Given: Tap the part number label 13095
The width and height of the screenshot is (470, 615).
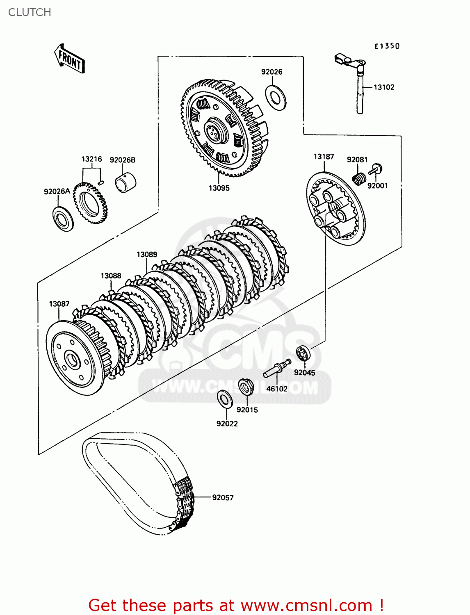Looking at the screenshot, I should pyautogui.click(x=219, y=188).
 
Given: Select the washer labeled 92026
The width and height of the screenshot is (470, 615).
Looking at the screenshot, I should pyautogui.click(x=276, y=98).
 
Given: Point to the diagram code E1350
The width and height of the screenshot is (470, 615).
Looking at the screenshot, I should pyautogui.click(x=386, y=46).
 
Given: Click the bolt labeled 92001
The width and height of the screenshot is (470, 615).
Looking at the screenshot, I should pyautogui.click(x=376, y=169).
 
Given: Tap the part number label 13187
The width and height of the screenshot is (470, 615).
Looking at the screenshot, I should pyautogui.click(x=324, y=157).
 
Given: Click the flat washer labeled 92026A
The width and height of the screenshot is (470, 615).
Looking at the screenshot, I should pyautogui.click(x=63, y=219).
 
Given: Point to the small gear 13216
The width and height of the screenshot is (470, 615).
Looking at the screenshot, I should pyautogui.click(x=90, y=203).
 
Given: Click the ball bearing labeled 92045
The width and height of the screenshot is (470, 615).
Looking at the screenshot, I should pyautogui.click(x=303, y=353).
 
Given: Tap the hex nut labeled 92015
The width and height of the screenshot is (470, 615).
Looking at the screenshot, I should pyautogui.click(x=246, y=387).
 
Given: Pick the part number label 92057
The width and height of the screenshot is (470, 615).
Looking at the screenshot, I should pyautogui.click(x=223, y=497).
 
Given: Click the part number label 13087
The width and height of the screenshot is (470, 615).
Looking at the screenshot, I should pyautogui.click(x=59, y=304).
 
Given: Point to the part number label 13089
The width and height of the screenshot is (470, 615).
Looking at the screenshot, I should pyautogui.click(x=147, y=255).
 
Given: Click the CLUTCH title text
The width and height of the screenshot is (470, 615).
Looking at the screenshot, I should pyautogui.click(x=30, y=12).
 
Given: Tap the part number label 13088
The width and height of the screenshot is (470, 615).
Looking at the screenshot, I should pyautogui.click(x=111, y=276).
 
